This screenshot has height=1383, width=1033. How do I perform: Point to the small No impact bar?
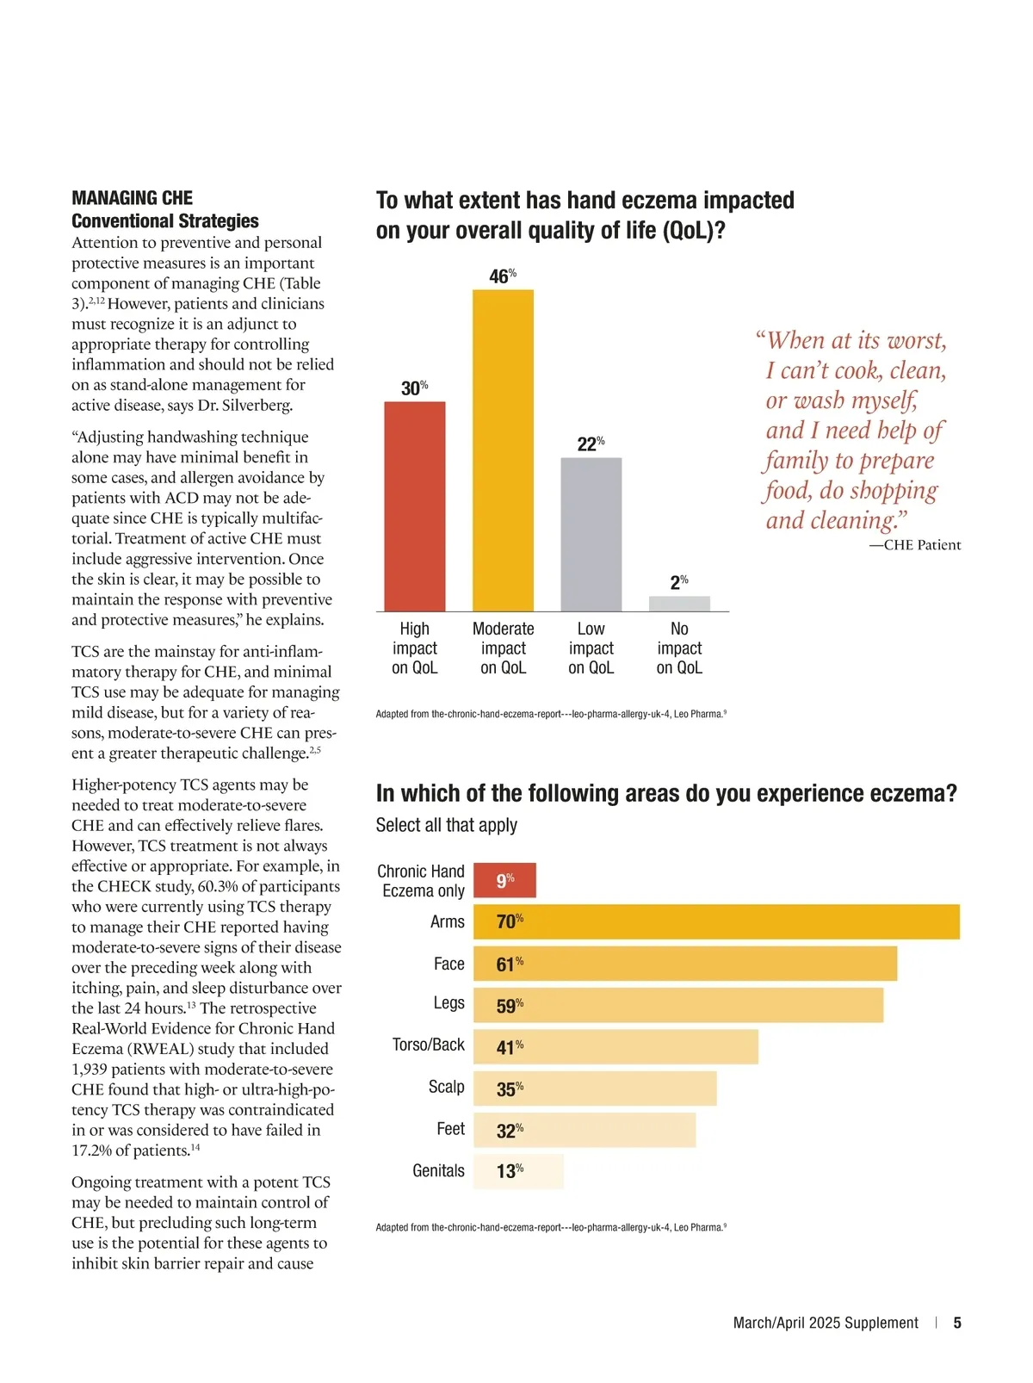tap(679, 604)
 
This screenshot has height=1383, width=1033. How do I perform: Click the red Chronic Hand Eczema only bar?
tap(504, 880)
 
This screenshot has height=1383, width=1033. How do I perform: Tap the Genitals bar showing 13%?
tap(518, 1171)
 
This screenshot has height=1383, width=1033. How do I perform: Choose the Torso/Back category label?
tap(428, 1045)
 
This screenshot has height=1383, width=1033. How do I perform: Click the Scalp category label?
tap(446, 1087)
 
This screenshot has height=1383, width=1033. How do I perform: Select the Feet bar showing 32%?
tap(585, 1130)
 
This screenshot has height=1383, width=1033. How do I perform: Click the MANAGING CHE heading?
tap(132, 198)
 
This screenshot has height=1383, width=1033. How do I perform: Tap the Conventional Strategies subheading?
tap(165, 221)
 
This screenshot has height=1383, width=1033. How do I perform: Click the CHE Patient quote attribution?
tap(915, 545)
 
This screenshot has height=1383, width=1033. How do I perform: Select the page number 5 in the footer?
tap(957, 1323)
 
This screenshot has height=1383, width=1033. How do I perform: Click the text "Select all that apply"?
tap(446, 825)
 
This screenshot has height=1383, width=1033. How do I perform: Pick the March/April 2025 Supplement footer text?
tap(826, 1323)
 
